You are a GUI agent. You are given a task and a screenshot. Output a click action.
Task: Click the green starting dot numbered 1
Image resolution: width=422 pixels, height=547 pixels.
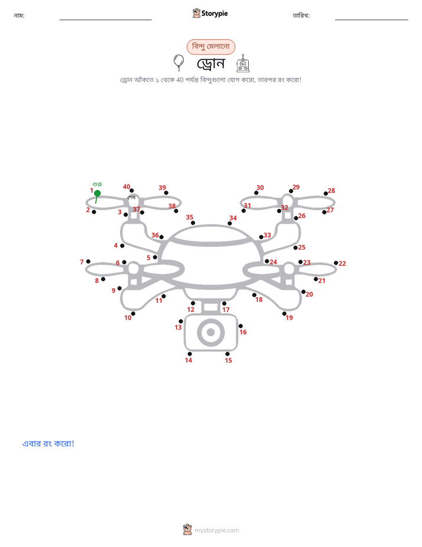click(98, 193)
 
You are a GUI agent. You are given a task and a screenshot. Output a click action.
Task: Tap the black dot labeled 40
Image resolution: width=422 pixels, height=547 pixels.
click(132, 191)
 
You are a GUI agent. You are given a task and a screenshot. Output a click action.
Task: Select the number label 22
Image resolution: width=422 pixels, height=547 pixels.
click(342, 263)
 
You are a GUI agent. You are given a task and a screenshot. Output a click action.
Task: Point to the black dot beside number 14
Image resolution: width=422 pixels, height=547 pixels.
click(189, 354)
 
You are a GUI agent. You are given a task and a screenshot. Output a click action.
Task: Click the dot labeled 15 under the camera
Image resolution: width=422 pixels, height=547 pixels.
click(228, 354)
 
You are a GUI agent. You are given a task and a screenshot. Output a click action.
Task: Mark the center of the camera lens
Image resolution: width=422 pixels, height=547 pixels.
click(210, 332)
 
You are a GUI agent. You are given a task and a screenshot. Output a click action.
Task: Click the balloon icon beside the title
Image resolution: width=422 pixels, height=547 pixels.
click(178, 62)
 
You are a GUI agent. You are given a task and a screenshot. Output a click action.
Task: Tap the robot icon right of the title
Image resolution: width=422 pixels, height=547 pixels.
click(243, 63)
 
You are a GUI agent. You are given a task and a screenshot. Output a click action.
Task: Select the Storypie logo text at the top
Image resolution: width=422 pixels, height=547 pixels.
click(215, 14)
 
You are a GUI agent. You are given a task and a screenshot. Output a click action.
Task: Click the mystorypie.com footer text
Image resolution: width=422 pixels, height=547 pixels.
click(216, 530)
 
